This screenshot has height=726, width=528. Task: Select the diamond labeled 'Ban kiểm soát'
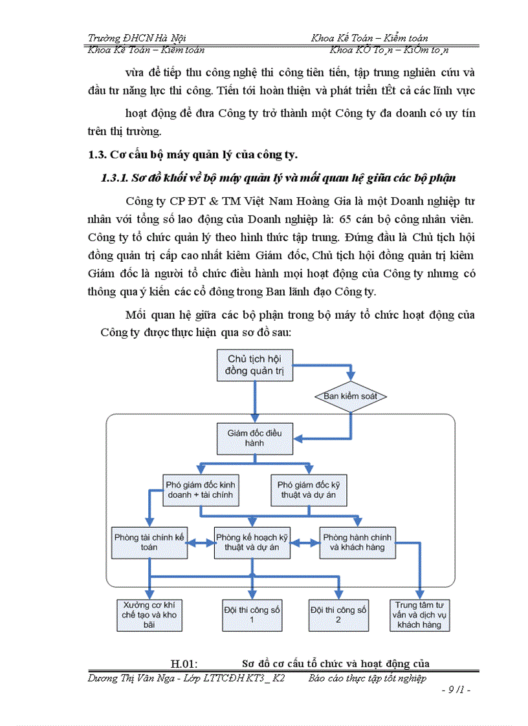point(350,396)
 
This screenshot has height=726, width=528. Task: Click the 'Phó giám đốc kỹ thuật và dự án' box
point(311,490)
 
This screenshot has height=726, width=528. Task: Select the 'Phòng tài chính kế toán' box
point(149,542)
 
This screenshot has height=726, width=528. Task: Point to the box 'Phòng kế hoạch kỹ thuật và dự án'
point(252,542)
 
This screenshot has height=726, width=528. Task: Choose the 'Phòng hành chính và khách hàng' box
point(357,542)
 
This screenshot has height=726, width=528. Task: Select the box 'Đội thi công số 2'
point(338,614)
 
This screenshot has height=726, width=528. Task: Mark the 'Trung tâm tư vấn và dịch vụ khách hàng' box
point(419,615)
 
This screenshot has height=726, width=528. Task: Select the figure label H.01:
point(184,663)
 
